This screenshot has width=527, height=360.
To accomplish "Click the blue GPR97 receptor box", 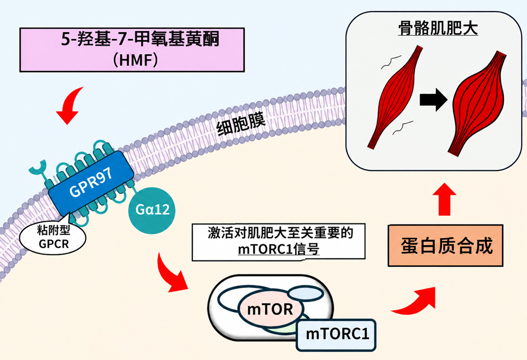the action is coord(91,183).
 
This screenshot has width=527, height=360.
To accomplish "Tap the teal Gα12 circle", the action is coord(152,210).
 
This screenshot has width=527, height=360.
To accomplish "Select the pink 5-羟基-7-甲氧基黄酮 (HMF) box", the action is coord(132,50).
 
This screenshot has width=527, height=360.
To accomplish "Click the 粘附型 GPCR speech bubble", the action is coord(53,237).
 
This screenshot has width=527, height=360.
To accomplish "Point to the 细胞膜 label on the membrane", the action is coord(241,124).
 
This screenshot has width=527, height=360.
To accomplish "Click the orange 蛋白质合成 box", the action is coord(446,246).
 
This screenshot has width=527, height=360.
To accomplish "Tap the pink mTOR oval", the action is coord(270,308).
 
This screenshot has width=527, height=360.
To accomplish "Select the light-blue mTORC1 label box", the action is coord(336,335).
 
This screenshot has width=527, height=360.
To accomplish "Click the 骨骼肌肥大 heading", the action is coord(438,28).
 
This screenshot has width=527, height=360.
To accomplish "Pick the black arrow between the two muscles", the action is coord(434,100).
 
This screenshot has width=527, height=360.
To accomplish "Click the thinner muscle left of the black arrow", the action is coord(395,97).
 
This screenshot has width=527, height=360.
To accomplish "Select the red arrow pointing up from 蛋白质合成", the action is coord(444,199).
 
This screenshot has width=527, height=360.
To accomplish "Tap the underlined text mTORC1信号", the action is coord(278,249).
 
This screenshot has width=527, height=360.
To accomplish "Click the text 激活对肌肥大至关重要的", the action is coord(280,232).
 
